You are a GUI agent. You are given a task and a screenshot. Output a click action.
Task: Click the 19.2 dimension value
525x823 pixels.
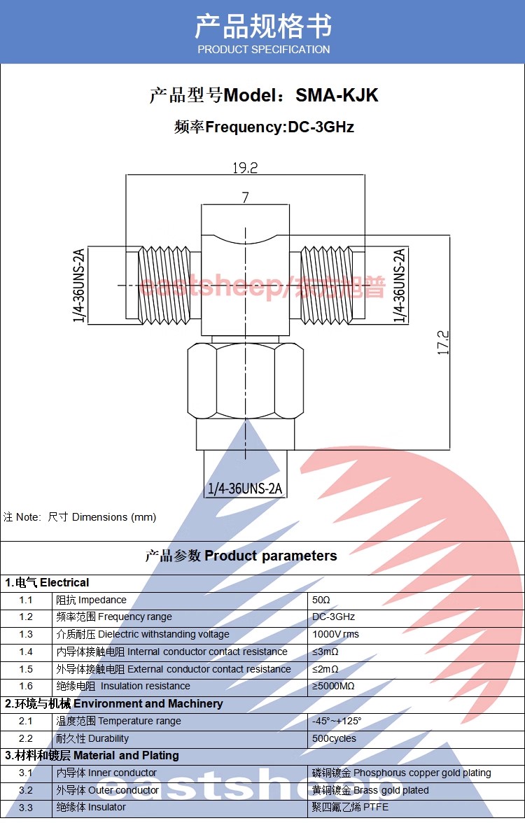[245, 168]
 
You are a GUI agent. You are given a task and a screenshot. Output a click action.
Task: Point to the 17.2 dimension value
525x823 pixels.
[443, 343]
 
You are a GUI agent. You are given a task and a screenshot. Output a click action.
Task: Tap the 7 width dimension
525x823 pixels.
[245, 198]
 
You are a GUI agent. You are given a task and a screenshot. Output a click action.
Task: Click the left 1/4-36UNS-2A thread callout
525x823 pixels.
[78, 286]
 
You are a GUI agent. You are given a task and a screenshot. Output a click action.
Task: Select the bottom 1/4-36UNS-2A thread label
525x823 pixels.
[245, 488]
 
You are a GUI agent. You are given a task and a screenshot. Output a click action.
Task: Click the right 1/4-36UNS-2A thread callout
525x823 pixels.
[400, 286]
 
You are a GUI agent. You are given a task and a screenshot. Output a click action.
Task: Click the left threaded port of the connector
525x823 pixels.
[164, 285]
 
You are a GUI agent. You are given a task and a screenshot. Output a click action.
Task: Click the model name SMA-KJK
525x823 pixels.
[337, 95]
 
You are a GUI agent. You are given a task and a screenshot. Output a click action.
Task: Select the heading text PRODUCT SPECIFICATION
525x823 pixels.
[263, 50]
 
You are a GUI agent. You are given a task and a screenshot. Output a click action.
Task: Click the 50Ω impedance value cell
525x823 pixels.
[321, 600]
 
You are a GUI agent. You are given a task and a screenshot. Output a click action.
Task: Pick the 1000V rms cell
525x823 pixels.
[335, 634]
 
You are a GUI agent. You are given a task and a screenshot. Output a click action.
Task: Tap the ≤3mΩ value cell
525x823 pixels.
[325, 652]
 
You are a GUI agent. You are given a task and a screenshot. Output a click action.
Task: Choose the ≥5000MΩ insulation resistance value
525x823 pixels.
[335, 686]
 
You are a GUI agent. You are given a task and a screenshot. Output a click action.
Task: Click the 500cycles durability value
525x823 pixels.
[334, 738]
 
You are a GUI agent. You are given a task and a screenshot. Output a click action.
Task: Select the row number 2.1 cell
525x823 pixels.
[26, 721]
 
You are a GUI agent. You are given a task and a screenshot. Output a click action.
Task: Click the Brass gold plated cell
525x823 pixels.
[370, 790]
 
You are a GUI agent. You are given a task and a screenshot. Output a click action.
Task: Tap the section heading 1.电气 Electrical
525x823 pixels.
[48, 582]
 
